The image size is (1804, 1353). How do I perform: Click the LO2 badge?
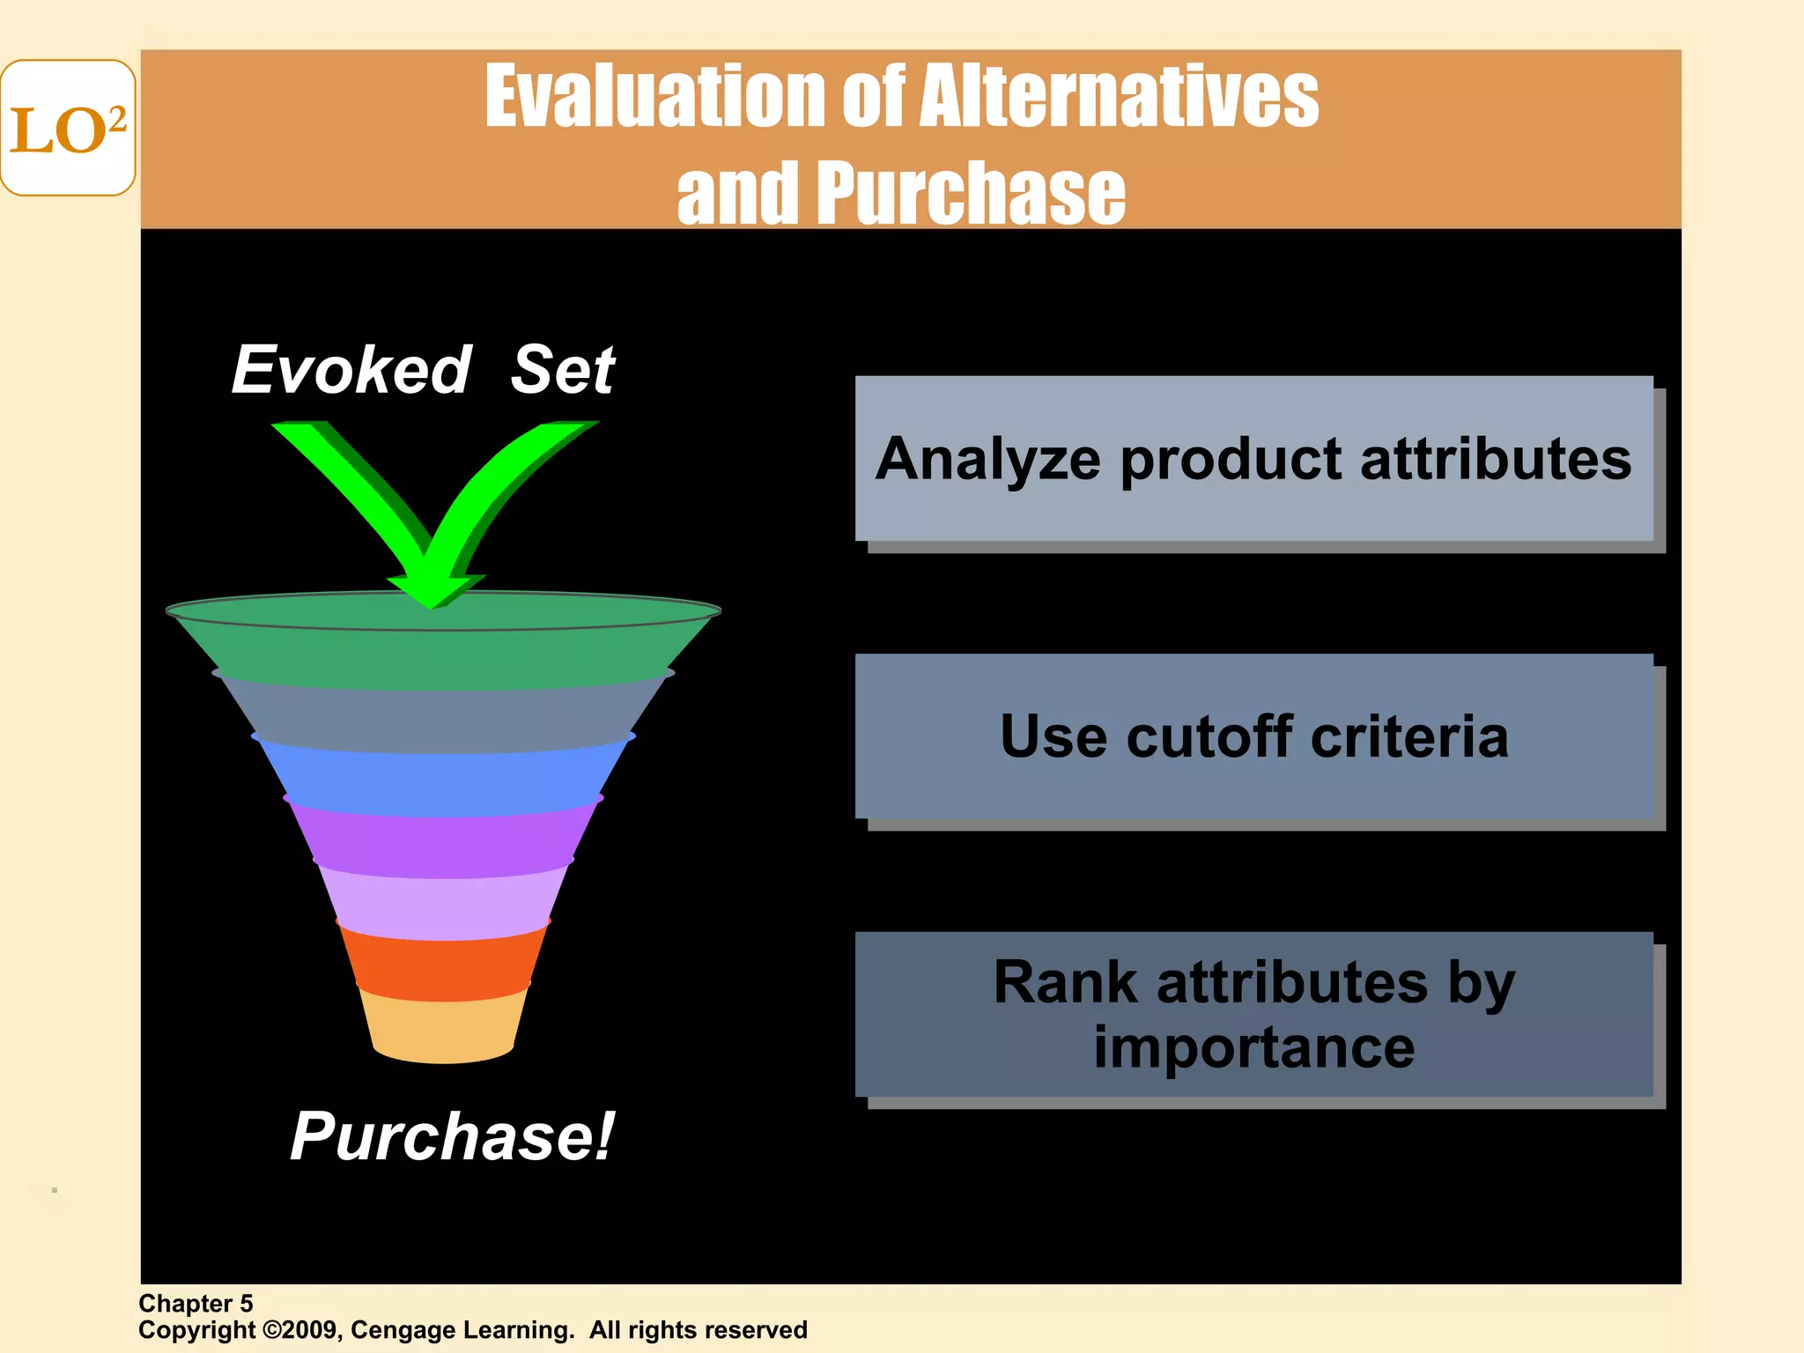(x=68, y=129)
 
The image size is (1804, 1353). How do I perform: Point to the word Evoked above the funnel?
(x=351, y=370)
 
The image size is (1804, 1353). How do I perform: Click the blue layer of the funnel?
(x=442, y=777)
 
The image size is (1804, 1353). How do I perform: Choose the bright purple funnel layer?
(x=443, y=841)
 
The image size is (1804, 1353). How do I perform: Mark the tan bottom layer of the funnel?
(x=443, y=1026)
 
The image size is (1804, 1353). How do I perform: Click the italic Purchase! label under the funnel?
(x=452, y=1136)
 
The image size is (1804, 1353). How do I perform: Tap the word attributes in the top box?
(x=1495, y=460)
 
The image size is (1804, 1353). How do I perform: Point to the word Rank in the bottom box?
(x=1065, y=982)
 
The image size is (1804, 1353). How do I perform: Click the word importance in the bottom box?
(x=1253, y=1047)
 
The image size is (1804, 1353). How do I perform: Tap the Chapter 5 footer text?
(x=196, y=1303)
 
